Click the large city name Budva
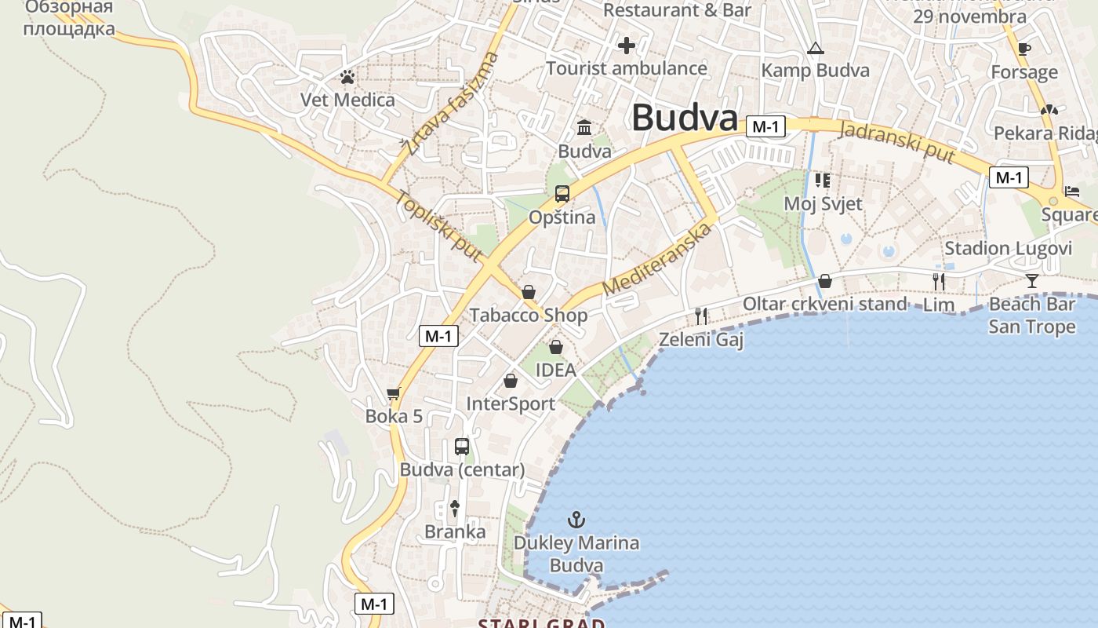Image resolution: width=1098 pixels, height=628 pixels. coord(685,119)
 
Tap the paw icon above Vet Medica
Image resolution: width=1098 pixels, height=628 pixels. coord(347,77)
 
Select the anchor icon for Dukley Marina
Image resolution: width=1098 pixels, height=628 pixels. coord(576,520)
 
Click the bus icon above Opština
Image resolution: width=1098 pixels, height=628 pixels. coord(562,193)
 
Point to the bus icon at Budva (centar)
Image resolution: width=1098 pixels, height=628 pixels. coord(462,447)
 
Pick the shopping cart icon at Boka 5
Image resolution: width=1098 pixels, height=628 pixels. coord(394,393)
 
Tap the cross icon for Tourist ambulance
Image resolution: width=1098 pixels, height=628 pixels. coord(626,46)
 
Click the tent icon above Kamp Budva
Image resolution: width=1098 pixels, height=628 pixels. coord(816,49)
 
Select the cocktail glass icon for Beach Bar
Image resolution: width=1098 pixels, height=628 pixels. coord(1031,280)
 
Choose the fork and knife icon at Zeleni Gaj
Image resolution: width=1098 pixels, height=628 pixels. coord(701,316)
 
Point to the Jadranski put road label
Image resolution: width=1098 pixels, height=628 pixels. coord(897,142)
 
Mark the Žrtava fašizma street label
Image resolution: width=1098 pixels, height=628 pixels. coord(450,104)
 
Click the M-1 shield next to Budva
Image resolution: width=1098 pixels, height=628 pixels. coord(765,126)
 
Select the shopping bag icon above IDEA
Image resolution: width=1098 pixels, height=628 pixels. coord(556,346)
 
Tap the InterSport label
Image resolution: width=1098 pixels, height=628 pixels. coord(511,403)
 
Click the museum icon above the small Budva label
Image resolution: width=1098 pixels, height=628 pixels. coord(584,127)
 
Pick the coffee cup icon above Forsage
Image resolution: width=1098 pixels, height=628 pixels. coord(1023,49)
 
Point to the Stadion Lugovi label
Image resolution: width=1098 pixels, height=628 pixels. coord(1008,249)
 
